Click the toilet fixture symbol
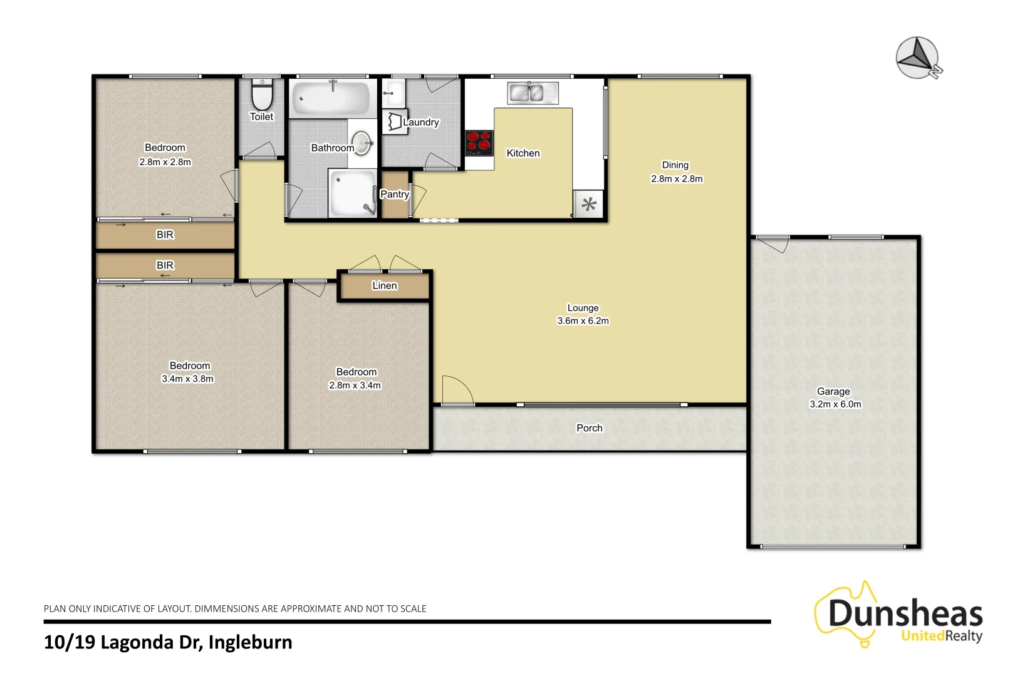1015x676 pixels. tap(262, 95)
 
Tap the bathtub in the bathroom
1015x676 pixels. tap(331, 98)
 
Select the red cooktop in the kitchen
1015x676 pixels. tap(479, 141)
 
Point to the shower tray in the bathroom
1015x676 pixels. tap(352, 193)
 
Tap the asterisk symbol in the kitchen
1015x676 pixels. tap(589, 204)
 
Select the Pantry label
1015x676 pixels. tap(395, 194)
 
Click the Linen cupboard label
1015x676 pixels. tap(384, 285)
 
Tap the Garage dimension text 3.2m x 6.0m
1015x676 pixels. tap(835, 404)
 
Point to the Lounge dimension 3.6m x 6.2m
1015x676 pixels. tap(583, 320)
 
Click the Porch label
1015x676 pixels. tap(589, 428)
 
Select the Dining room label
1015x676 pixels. tap(675, 165)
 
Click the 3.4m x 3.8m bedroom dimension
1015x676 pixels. tap(187, 379)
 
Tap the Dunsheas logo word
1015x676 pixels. tap(905, 613)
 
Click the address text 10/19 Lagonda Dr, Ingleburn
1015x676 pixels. tap(168, 642)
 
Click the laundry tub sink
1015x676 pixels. tap(393, 94)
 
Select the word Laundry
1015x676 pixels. tap(421, 122)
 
